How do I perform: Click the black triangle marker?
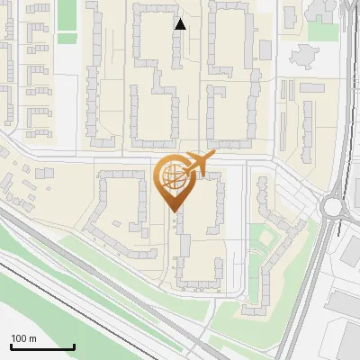click(180, 24)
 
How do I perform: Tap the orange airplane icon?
click(197, 164)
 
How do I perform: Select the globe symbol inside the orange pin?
click(171, 176)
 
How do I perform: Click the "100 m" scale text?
click(23, 338)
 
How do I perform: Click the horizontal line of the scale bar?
click(42, 347)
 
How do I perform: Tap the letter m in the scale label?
click(32, 338)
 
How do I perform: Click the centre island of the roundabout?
click(334, 206)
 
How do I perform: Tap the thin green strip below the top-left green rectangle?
click(67, 38)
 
